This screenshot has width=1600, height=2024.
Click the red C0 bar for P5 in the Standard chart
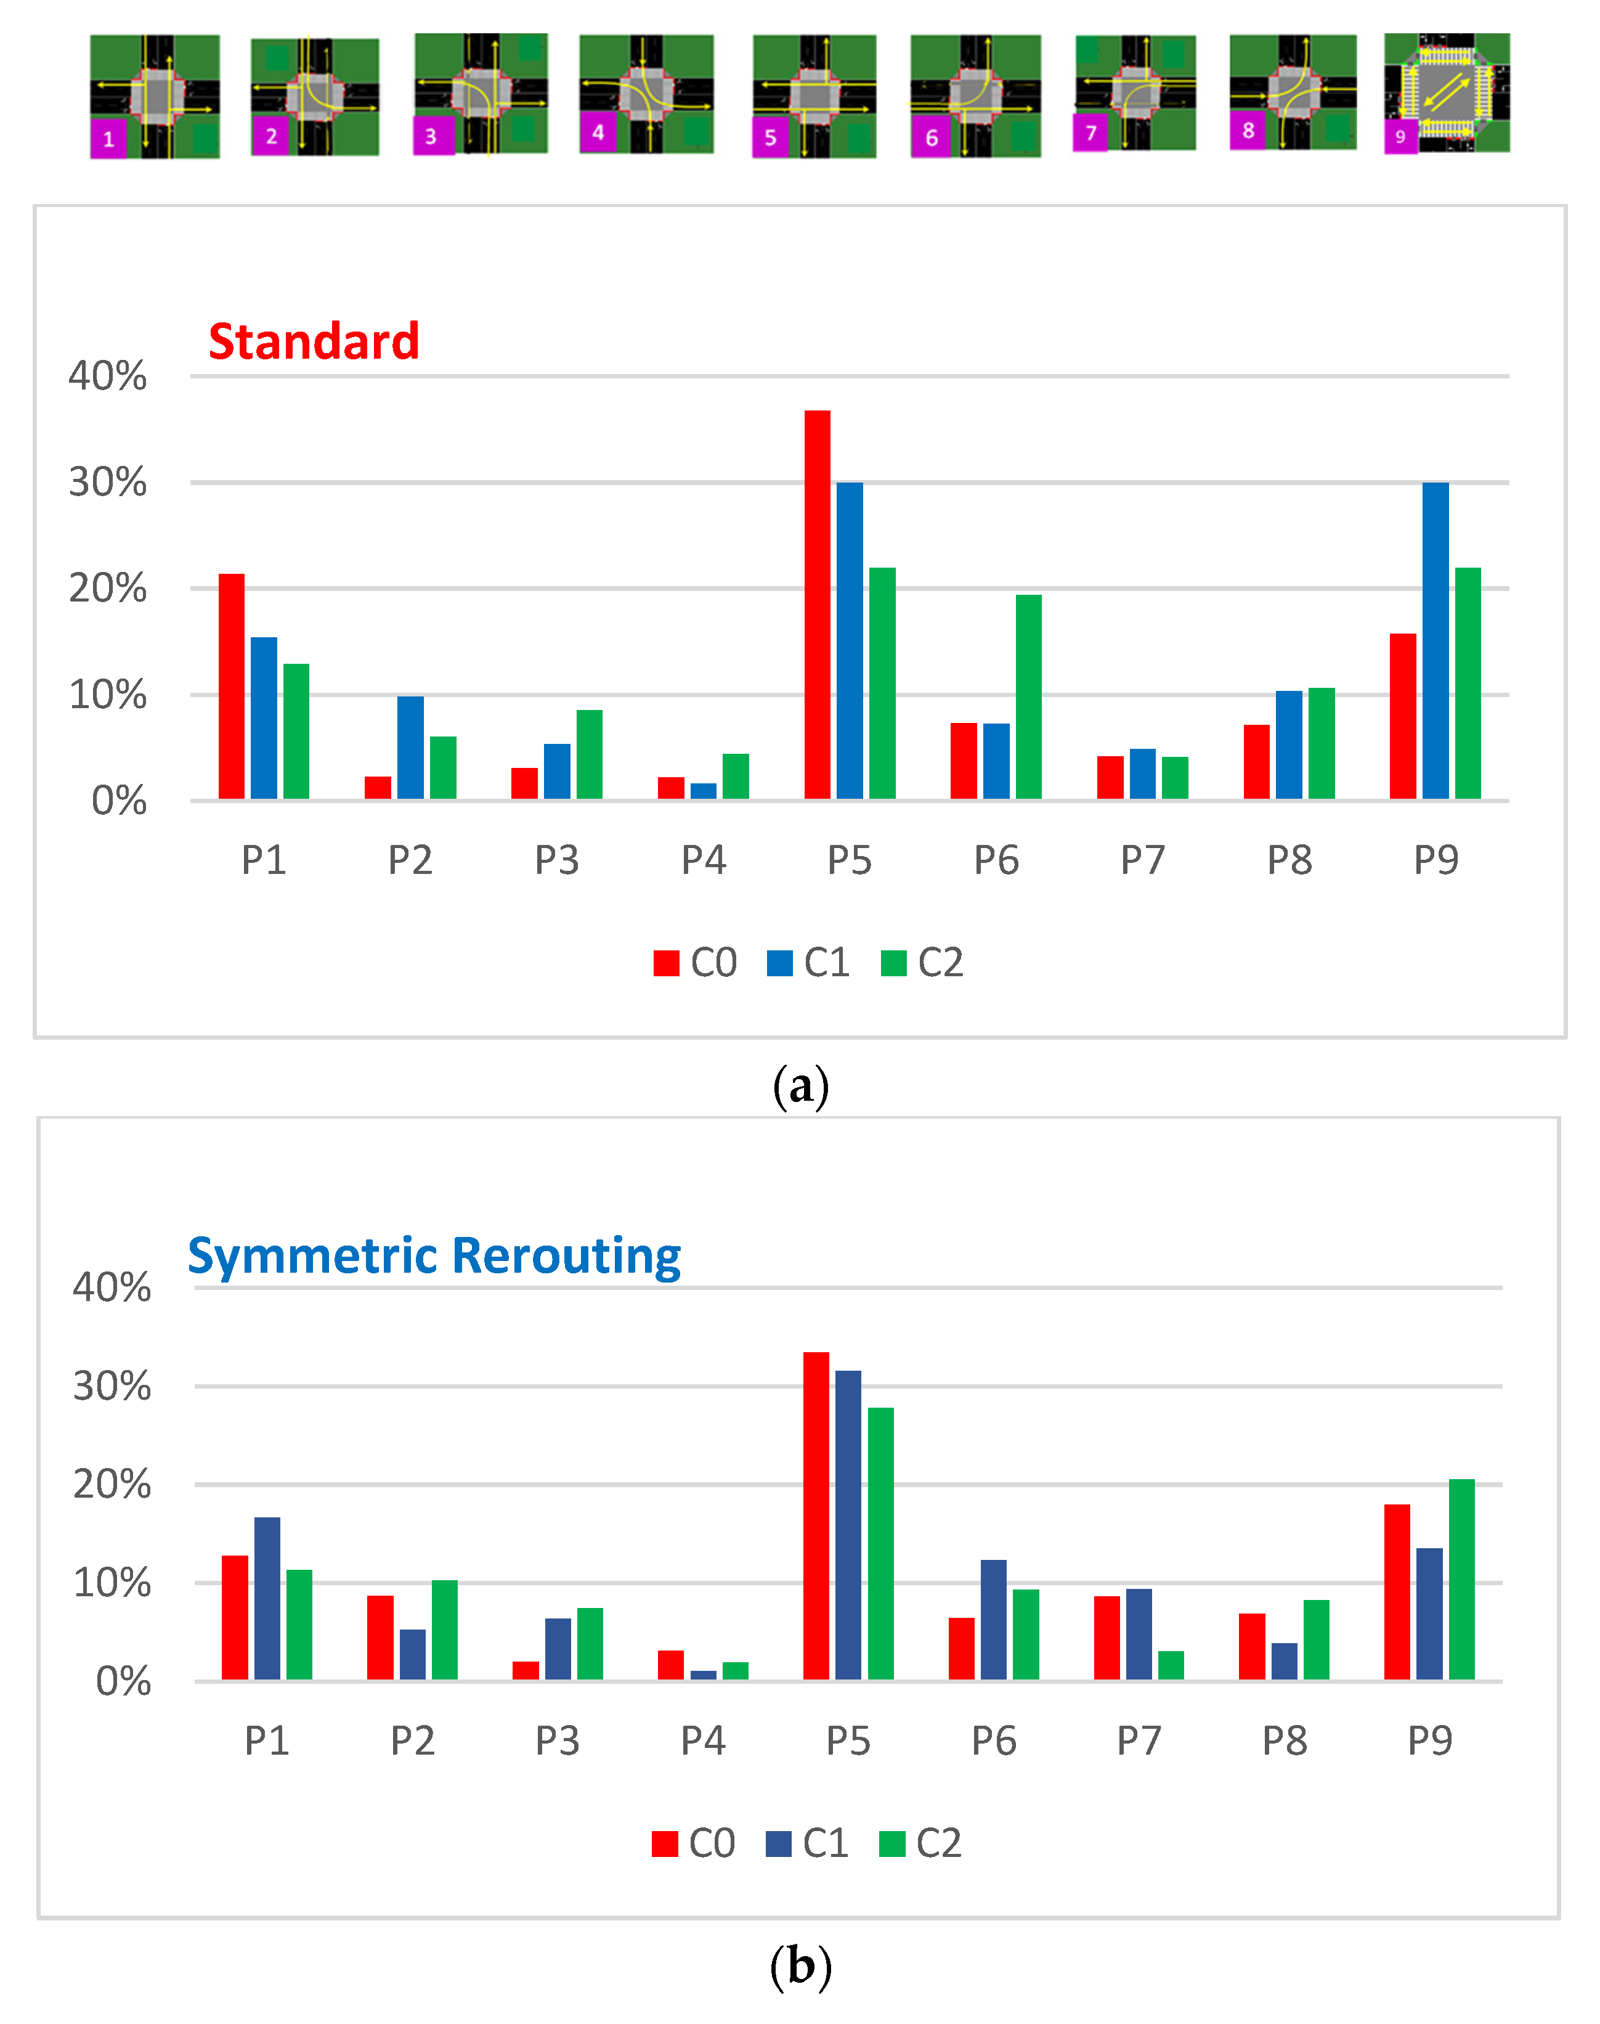click(817, 605)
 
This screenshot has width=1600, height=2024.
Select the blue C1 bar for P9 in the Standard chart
click(1435, 641)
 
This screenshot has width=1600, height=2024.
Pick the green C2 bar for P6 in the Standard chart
click(1029, 696)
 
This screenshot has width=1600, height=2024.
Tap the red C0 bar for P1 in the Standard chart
click(232, 686)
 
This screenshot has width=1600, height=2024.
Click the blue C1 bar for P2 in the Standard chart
click(410, 747)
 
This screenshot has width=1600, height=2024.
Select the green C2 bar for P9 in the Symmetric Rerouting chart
click(1461, 1579)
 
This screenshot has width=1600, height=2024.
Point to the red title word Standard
click(314, 341)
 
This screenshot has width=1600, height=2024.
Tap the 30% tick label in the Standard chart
click(108, 483)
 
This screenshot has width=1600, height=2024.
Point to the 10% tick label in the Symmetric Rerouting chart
click(112, 1583)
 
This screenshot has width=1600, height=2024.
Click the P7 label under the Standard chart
click(1143, 859)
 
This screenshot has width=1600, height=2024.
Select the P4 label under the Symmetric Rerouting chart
click(702, 1741)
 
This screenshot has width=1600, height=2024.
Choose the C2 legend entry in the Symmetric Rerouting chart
click(921, 1843)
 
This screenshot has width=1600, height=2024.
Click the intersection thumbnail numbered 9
click(1447, 93)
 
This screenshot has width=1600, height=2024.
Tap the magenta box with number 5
click(770, 137)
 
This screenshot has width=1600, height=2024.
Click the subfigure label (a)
click(801, 1086)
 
